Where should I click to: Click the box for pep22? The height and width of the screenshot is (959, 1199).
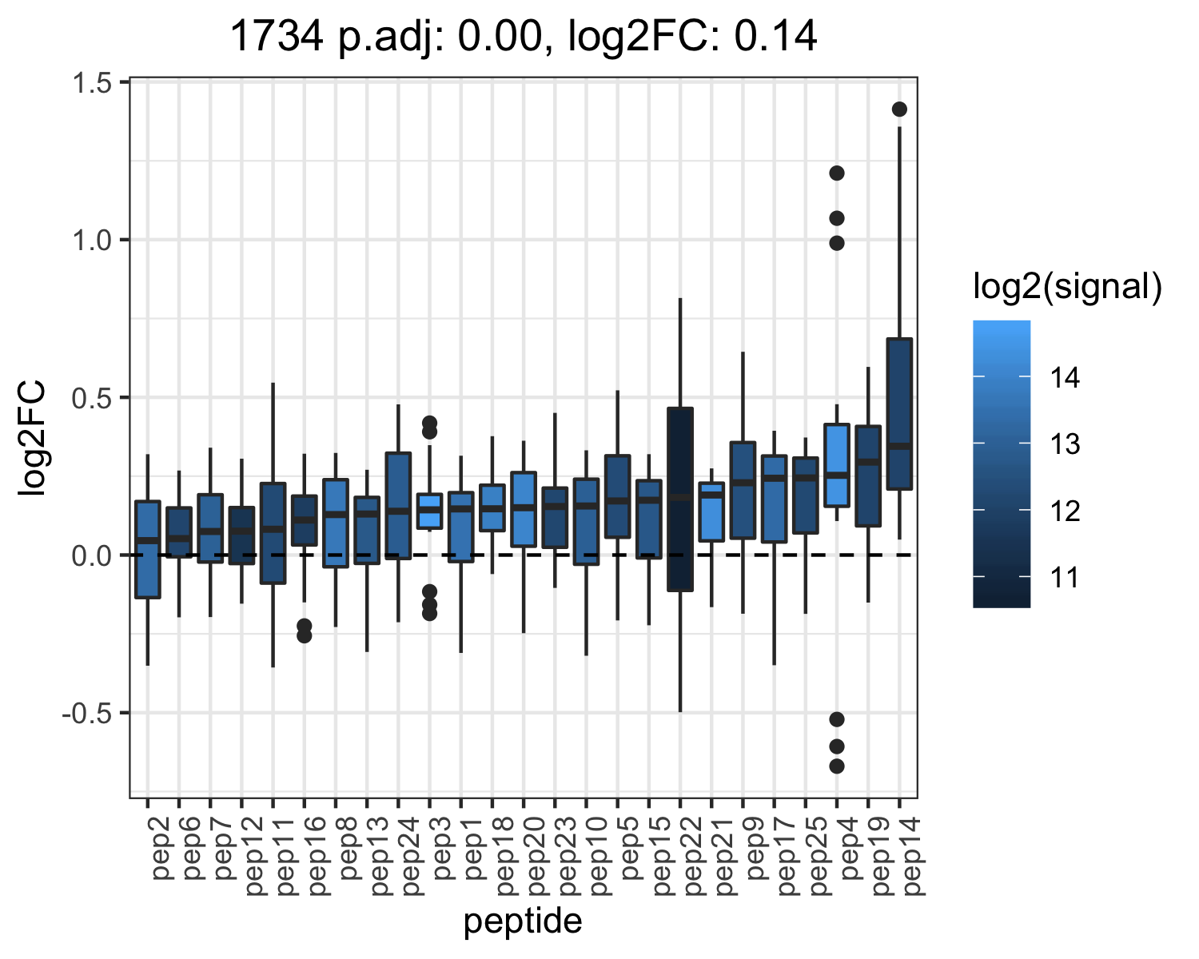coord(680,499)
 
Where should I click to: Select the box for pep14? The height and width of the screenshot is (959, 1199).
coord(899,413)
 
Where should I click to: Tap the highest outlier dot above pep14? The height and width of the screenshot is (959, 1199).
coord(899,109)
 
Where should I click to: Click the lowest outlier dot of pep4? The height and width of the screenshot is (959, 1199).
coord(837,766)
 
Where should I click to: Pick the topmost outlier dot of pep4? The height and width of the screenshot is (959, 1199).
coord(837,173)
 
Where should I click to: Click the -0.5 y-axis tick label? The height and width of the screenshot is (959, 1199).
coord(87,714)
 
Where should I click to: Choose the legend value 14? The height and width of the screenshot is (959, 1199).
coord(1065,378)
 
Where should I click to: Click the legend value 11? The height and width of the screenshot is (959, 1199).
coord(1065,578)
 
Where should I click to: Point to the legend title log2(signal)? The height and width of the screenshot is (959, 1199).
coord(1068,287)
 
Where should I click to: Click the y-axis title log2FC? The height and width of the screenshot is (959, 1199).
coord(32,438)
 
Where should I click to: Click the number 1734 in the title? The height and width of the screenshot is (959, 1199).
coord(277,36)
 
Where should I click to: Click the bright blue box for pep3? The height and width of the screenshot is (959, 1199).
coord(429,511)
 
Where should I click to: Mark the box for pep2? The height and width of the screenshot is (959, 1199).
coord(148,549)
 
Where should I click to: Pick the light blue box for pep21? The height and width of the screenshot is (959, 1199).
coord(711,511)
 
